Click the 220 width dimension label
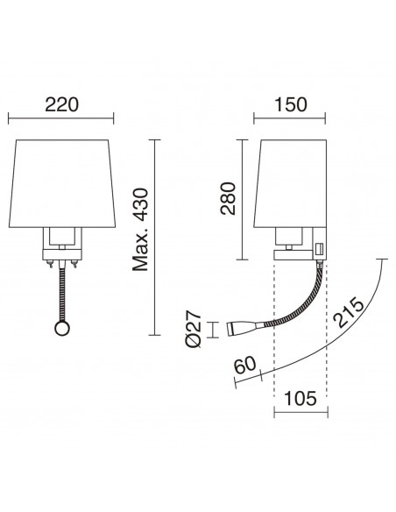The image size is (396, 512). [x=60, y=104]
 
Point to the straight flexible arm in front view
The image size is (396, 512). [x=60, y=294]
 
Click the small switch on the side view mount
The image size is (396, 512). [x=320, y=250]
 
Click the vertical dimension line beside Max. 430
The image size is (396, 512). [x=155, y=237]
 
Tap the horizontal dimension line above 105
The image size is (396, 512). [x=301, y=409]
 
